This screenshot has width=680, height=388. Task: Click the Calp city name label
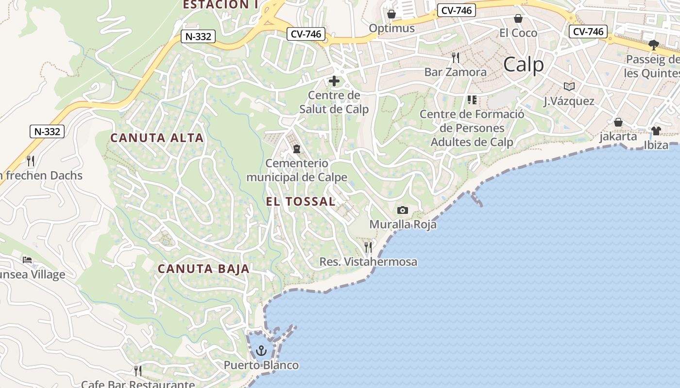tap(523, 64)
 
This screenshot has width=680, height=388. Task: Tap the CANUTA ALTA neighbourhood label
tap(157, 138)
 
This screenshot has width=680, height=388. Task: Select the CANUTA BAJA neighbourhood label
tap(204, 269)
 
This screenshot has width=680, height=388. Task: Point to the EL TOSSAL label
tap(301, 202)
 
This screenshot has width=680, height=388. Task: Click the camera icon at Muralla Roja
tap(402, 210)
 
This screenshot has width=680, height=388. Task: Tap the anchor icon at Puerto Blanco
tap(262, 350)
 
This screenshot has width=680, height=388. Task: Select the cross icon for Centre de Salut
tap(334, 81)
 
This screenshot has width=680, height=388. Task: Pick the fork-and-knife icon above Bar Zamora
tap(455, 58)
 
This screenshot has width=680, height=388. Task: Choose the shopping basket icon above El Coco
tap(518, 18)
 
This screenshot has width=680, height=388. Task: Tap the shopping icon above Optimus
tap(391, 14)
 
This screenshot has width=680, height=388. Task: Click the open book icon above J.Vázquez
tap(569, 86)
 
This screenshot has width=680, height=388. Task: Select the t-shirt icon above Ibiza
tap(656, 130)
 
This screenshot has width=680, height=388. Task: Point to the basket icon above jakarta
tap(618, 122)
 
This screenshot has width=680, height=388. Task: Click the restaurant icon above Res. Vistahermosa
tap(368, 247)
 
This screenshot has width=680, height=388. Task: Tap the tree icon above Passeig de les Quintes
tap(654, 45)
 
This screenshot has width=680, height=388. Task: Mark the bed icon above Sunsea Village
tap(27, 260)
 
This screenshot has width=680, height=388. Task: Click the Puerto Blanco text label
tap(261, 365)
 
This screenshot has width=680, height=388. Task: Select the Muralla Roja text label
tap(403, 225)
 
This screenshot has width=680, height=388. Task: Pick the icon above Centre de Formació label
tap(472, 100)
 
